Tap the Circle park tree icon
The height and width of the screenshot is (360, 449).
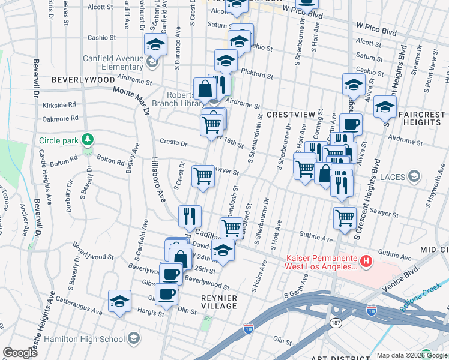[88, 140]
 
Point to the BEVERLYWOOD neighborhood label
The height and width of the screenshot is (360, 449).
[83, 79]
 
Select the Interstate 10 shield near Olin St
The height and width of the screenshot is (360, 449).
[249, 328]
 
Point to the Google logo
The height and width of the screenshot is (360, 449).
[20, 353]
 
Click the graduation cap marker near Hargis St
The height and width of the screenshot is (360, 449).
[119, 301]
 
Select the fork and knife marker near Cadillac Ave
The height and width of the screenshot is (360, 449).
[190, 215]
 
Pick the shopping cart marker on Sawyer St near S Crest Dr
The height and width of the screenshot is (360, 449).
[203, 176]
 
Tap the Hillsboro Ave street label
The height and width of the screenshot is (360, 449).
[158, 179]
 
